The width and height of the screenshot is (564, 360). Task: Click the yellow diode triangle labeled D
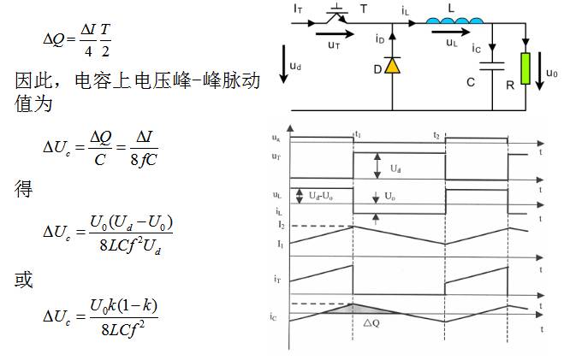(x=392, y=65)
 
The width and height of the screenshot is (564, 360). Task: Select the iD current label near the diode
(x=379, y=38)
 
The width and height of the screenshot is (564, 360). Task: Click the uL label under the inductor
(x=451, y=41)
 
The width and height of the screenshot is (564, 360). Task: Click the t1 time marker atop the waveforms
(x=357, y=134)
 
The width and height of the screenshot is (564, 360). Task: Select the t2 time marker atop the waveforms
(x=436, y=135)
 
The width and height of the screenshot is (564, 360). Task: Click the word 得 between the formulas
(x=24, y=189)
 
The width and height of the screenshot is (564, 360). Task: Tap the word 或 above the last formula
(x=24, y=280)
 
